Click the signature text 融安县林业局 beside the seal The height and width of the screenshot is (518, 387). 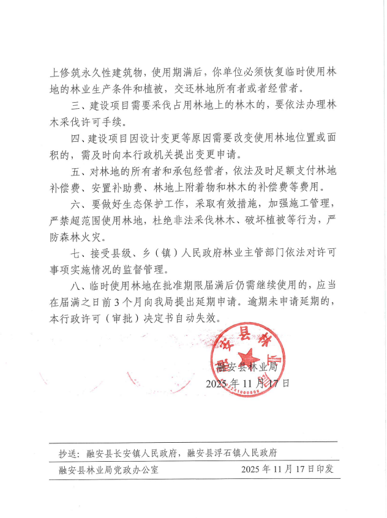248,367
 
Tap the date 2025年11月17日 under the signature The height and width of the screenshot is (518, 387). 247,383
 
